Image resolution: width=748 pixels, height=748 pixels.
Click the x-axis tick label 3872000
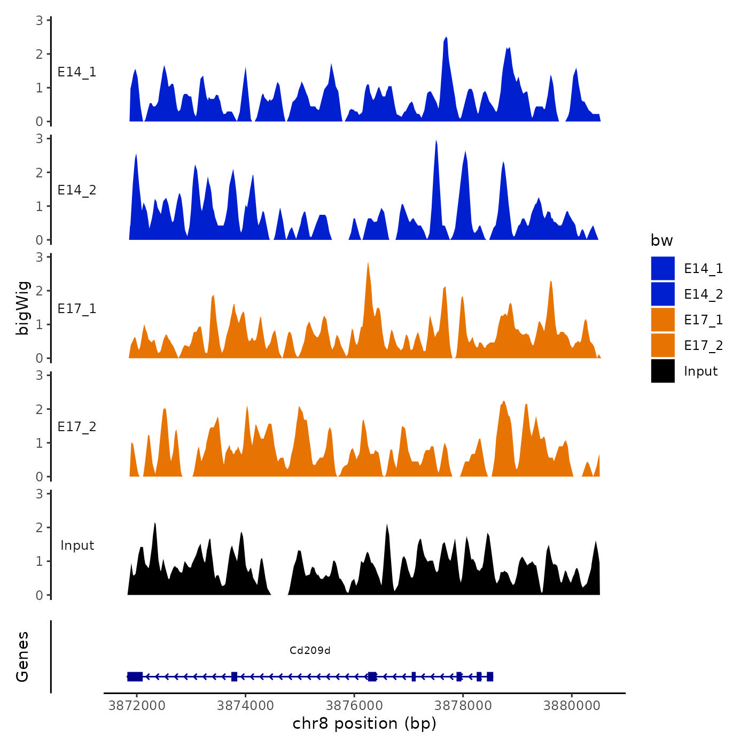pyautogui.click(x=136, y=706)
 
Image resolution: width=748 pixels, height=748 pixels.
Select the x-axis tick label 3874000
pyautogui.click(x=245, y=706)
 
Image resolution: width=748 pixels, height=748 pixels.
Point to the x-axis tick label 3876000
pyautogui.click(x=354, y=706)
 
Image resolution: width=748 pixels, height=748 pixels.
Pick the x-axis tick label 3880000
pyautogui.click(x=572, y=706)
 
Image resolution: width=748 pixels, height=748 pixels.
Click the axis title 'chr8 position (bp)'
pyautogui.click(x=364, y=723)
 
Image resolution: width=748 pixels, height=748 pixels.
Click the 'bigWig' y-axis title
pyautogui.click(x=22, y=308)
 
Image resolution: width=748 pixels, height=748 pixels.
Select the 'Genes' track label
pyautogui.click(x=22, y=657)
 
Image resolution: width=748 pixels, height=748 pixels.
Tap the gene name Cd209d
pyautogui.click(x=310, y=651)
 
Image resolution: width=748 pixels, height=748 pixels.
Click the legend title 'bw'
pyautogui.click(x=661, y=240)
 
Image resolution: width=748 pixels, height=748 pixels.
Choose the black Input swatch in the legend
pyautogui.click(x=663, y=371)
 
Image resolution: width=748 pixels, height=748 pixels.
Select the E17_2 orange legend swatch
pyautogui.click(x=663, y=346)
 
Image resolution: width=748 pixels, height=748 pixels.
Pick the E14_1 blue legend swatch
pyautogui.click(x=663, y=269)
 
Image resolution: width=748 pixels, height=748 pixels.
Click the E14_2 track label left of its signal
pyautogui.click(x=77, y=190)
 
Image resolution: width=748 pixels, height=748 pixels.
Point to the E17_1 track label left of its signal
pyautogui.click(x=77, y=309)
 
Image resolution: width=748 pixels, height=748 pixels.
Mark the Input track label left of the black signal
pyautogui.click(x=77, y=546)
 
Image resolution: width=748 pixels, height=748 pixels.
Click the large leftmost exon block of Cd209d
pyautogui.click(x=135, y=676)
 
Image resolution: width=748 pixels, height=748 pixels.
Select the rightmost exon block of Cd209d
pyautogui.click(x=490, y=676)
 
